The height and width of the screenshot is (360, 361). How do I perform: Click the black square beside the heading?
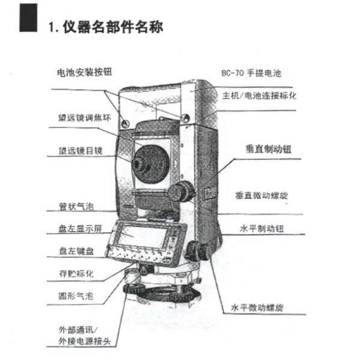(x=28, y=17)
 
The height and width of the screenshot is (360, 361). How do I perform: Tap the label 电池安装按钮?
(x=84, y=72)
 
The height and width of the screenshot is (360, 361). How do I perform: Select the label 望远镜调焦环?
(x=84, y=118)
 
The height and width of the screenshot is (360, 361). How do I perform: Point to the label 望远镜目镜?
(x=81, y=151)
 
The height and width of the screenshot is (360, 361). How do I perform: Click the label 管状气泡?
(x=76, y=206)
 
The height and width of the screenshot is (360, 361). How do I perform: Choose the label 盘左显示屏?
(x=80, y=229)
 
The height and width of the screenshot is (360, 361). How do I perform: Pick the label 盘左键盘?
(x=76, y=251)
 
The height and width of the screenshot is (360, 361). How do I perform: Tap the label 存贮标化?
(x=76, y=273)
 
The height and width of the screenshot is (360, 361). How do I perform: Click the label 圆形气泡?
(x=76, y=296)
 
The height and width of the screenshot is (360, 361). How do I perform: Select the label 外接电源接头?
(x=84, y=341)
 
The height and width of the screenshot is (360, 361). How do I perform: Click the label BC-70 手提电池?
(x=251, y=73)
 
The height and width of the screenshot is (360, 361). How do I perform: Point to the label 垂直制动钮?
(x=269, y=149)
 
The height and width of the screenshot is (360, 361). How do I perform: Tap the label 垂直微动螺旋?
(x=262, y=195)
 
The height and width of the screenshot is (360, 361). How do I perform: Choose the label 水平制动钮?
(x=262, y=228)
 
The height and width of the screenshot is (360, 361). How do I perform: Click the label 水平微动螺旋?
(x=257, y=308)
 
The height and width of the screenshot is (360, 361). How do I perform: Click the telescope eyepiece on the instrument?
(x=138, y=164)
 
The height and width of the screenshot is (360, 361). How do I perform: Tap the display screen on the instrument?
(x=143, y=236)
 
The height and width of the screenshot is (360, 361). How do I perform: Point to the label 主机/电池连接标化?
(x=259, y=96)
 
